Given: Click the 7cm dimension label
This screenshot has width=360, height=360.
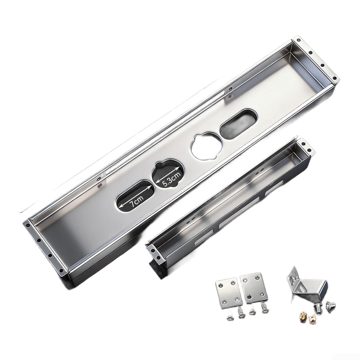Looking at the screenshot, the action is [136, 202].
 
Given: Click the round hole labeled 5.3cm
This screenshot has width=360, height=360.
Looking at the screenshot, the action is [168, 174].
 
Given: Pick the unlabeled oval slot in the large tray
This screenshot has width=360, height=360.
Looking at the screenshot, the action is [239, 124].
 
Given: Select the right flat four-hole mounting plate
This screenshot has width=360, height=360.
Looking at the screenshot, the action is [254, 287].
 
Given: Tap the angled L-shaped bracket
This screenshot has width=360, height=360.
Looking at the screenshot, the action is [305, 285].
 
